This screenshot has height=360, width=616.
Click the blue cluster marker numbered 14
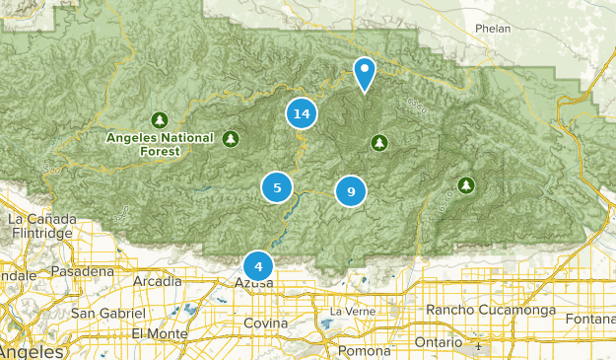point(302,113)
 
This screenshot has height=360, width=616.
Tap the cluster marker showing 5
point(277,186)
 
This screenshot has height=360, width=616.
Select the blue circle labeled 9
point(350,190)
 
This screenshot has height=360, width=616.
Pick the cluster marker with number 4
point(258,265)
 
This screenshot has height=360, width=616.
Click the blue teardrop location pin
point(365,73)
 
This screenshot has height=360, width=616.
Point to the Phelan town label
point(492,29)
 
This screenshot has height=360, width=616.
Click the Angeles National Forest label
point(158,145)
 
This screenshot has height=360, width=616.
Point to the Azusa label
point(253,284)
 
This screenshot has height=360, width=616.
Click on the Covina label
point(265,324)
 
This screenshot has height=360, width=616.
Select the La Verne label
point(350,312)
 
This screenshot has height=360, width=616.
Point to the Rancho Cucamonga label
point(491,311)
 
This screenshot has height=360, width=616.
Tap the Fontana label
point(591,318)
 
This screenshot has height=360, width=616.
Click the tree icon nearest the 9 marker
point(378,144)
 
